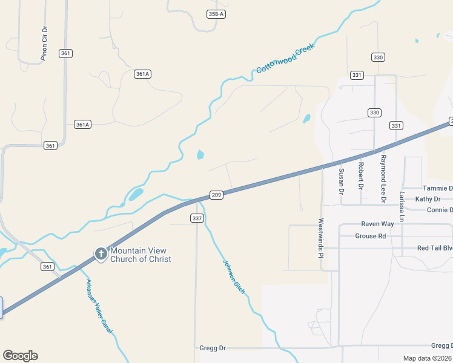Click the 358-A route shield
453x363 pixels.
(x=216, y=14)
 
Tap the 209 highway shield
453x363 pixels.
(x=217, y=194)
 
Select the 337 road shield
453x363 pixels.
(x=197, y=218)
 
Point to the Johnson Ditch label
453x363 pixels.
(x=234, y=276)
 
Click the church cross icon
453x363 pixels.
(x=101, y=254)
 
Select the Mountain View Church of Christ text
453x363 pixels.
(x=141, y=255)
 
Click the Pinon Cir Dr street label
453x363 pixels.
(x=44, y=43)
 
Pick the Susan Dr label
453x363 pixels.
(x=341, y=181)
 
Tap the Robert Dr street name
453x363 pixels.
(x=361, y=174)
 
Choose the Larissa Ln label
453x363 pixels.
(x=402, y=206)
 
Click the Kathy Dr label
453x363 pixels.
(x=428, y=199)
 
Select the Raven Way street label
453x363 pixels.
(x=377, y=224)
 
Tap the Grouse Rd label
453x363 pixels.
(x=370, y=236)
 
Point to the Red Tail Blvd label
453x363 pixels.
(x=435, y=248)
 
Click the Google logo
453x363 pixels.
(x=20, y=356)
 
